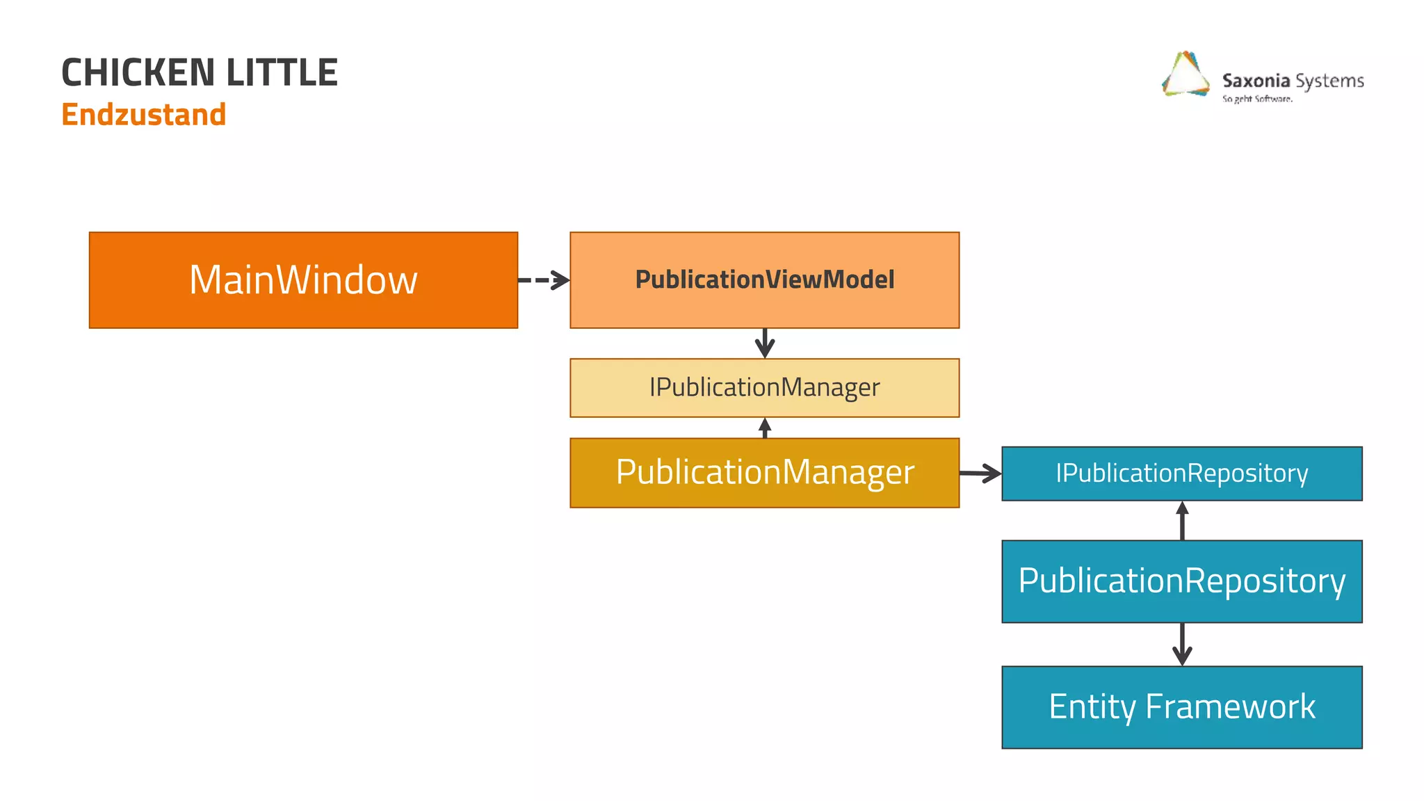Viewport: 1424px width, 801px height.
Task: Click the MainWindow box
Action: [x=303, y=280]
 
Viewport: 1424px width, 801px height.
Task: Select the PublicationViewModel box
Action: [x=764, y=280]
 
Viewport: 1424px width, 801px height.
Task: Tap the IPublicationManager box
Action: [x=764, y=388]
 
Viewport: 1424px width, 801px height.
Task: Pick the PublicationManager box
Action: [x=764, y=473]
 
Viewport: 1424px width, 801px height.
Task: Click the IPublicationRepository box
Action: [x=1181, y=474]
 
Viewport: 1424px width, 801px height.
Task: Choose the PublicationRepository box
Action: [x=1181, y=581]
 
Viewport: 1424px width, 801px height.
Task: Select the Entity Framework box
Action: [x=1181, y=707]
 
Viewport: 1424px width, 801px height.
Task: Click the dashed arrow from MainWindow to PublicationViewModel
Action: [x=544, y=280]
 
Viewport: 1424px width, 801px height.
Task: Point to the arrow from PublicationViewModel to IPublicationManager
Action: [x=765, y=343]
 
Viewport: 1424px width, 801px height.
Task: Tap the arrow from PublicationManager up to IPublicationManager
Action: [x=765, y=428]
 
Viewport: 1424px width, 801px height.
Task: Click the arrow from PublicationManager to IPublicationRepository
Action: [x=980, y=474]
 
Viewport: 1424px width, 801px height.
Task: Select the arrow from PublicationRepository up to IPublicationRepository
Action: [x=1182, y=521]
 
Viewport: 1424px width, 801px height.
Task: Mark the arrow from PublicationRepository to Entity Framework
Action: [x=1182, y=645]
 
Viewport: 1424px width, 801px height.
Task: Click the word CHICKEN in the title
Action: [x=138, y=73]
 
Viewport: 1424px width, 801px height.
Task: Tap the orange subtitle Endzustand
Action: [x=144, y=115]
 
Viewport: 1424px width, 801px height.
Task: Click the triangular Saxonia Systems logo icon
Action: [x=1186, y=75]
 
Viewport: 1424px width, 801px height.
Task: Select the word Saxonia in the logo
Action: [x=1256, y=81]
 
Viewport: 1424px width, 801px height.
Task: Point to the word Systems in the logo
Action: [x=1329, y=81]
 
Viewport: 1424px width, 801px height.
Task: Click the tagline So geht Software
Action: [x=1257, y=99]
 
